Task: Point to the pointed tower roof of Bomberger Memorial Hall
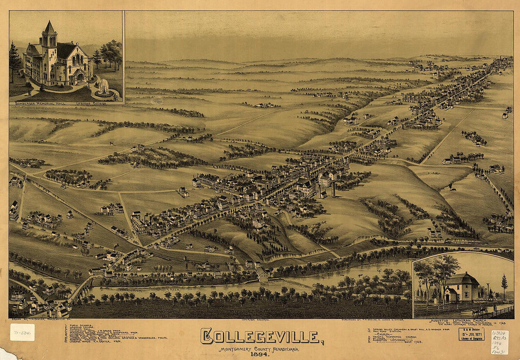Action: point(49,27)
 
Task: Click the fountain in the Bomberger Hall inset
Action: point(103,87)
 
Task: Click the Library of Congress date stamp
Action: point(471,334)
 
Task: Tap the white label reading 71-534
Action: point(22,332)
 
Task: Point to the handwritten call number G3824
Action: point(500,333)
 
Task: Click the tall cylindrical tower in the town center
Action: point(333,189)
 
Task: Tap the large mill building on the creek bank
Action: point(263,274)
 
